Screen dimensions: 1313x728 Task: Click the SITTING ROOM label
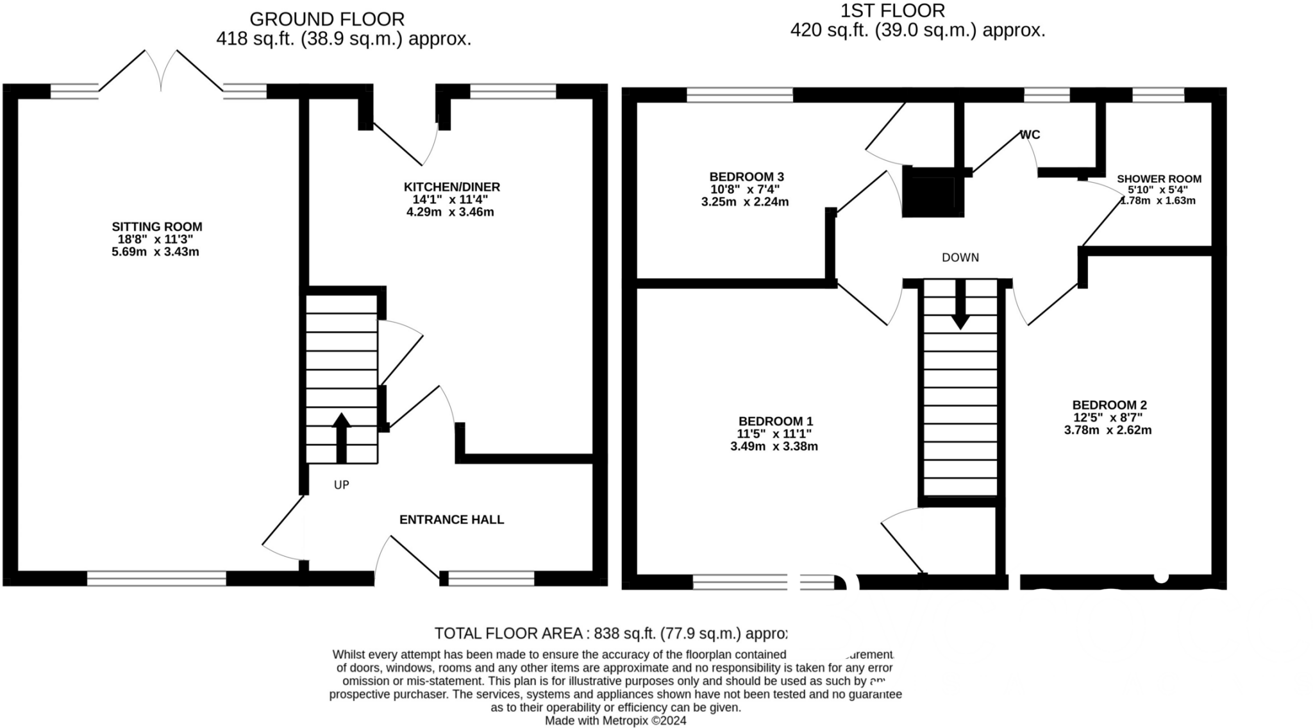(x=156, y=226)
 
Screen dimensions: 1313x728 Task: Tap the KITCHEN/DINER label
(x=451, y=187)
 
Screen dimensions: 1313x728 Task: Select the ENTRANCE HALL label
(x=451, y=520)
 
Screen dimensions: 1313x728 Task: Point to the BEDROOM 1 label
(x=775, y=421)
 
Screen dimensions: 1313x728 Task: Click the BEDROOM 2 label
(x=1109, y=405)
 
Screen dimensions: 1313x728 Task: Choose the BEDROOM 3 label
(x=746, y=177)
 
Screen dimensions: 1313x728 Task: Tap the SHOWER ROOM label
(x=1158, y=180)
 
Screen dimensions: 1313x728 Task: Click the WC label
(x=1030, y=135)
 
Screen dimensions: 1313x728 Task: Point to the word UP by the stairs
(x=341, y=485)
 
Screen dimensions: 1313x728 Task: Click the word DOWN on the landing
(x=960, y=258)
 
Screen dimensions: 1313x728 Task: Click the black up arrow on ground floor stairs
(x=341, y=436)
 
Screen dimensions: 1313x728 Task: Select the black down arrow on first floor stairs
(x=960, y=307)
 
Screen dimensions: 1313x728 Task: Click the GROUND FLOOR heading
(x=327, y=19)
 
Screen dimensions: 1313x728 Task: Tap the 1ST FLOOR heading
(x=892, y=11)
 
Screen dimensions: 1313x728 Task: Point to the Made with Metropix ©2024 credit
(x=615, y=720)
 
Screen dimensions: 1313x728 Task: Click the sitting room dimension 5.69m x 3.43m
(x=155, y=252)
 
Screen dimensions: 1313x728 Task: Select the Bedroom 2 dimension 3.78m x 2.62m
(x=1107, y=430)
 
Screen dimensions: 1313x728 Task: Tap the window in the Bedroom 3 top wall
(x=739, y=95)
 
